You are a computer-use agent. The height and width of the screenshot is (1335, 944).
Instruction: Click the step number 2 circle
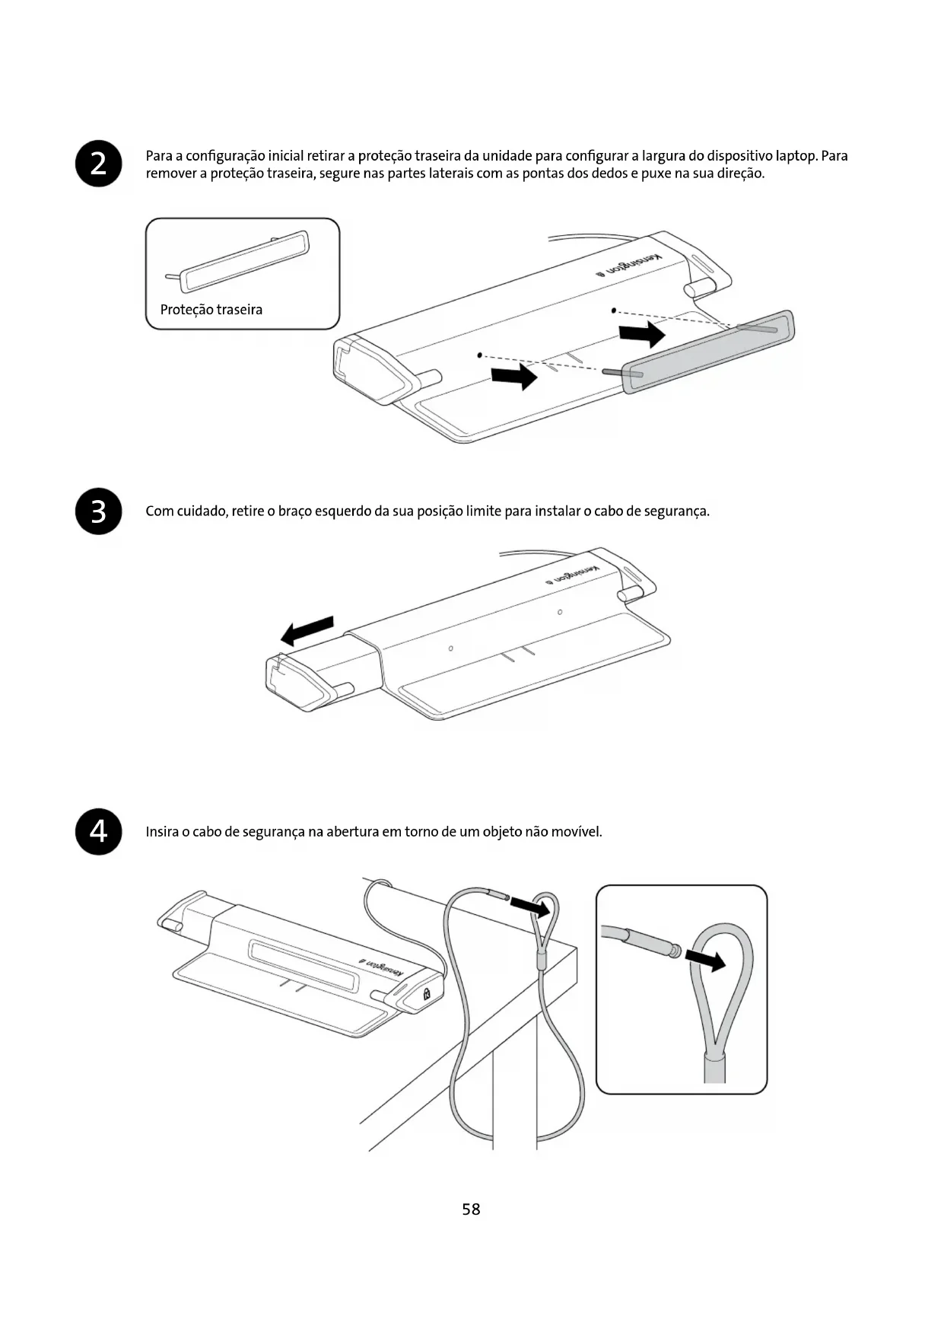point(99,164)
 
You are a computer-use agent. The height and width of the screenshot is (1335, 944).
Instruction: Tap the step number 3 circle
point(99,511)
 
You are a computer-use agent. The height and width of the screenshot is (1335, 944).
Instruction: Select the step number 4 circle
point(99,831)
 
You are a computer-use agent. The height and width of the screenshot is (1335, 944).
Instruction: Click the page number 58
point(471,1209)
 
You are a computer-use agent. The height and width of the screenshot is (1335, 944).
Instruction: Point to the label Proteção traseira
point(211,310)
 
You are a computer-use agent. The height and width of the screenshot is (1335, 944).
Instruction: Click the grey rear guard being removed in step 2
point(707,352)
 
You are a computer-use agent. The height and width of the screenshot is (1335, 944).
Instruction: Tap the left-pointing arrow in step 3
point(307,630)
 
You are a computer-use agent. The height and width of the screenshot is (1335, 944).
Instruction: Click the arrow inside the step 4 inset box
point(705,960)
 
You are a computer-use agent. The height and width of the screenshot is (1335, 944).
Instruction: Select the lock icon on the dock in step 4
point(426,992)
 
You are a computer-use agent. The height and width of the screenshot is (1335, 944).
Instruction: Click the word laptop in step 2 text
point(796,156)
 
